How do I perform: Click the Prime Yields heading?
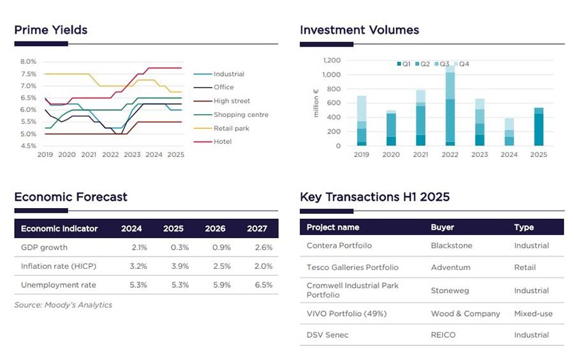(x=50, y=30)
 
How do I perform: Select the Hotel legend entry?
(x=223, y=142)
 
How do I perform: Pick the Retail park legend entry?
(x=231, y=128)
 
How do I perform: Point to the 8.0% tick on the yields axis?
(x=27, y=62)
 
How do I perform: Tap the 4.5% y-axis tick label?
(x=27, y=146)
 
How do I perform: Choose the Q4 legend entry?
(x=464, y=64)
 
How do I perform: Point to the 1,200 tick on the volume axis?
(x=332, y=61)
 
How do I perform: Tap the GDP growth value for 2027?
(x=263, y=248)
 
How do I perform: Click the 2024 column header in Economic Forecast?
(x=131, y=229)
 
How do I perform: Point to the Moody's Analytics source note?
(x=63, y=305)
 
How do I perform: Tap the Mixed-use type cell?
(x=533, y=313)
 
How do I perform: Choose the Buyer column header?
(x=442, y=227)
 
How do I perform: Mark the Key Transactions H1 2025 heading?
(x=374, y=197)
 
